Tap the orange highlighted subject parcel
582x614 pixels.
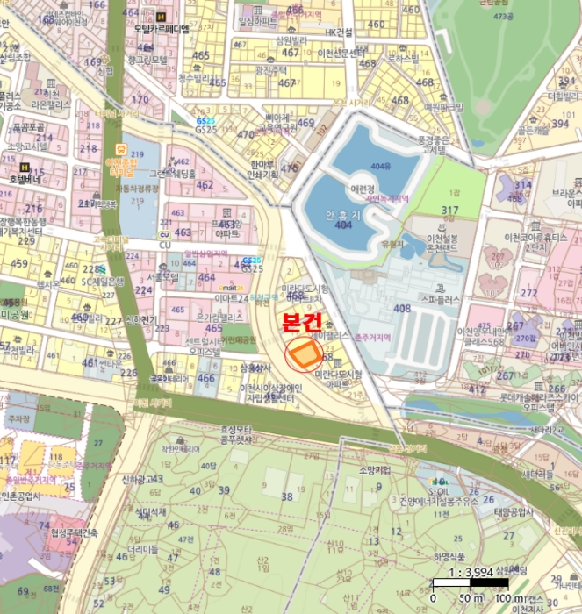[x=305, y=353]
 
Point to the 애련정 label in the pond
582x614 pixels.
[x=362, y=188]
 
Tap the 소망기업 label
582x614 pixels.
[x=376, y=469]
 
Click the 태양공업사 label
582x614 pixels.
[x=514, y=513]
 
